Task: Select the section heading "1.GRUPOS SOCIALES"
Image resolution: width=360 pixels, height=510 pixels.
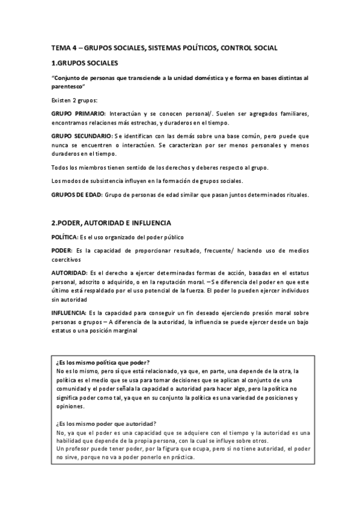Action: click(85, 63)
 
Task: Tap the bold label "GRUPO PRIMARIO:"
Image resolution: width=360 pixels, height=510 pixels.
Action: click(79, 114)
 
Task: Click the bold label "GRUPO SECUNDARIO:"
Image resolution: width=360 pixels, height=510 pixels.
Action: click(83, 137)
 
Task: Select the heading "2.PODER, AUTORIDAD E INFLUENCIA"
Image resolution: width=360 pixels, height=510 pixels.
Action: click(111, 222)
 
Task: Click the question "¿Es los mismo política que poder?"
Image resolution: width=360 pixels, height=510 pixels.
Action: click(102, 363)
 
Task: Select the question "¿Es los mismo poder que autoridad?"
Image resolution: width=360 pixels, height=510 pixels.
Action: click(105, 423)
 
